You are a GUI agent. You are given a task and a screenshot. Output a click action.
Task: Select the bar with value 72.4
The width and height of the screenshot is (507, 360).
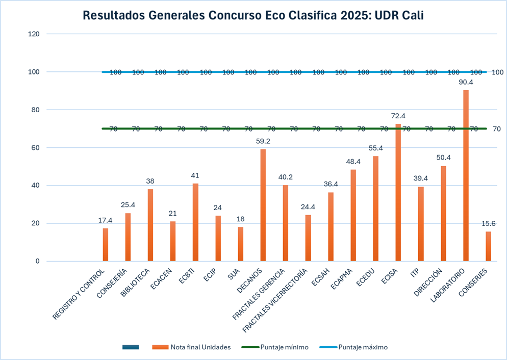point(398,194)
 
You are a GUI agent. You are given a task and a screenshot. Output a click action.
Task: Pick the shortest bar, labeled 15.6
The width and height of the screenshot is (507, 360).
point(488,247)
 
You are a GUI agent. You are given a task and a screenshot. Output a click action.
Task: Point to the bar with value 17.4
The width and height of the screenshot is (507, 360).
point(106,245)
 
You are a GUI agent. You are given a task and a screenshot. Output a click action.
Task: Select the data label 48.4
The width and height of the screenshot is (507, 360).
point(353,161)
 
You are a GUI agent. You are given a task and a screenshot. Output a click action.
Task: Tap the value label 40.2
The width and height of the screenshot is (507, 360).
point(286,177)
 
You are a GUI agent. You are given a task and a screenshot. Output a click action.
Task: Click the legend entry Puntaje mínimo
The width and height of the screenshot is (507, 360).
point(284,347)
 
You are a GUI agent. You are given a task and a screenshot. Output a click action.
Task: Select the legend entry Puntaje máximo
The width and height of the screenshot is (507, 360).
point(363,347)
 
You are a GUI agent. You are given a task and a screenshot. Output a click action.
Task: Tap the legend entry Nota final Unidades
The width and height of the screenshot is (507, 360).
point(200,347)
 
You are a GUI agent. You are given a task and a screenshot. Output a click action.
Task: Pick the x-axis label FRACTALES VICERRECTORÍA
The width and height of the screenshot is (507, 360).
point(275,301)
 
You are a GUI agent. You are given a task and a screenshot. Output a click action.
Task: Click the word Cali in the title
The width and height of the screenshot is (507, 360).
point(410,16)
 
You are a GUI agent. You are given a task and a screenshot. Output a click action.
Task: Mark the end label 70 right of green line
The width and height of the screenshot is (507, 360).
point(497,129)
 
